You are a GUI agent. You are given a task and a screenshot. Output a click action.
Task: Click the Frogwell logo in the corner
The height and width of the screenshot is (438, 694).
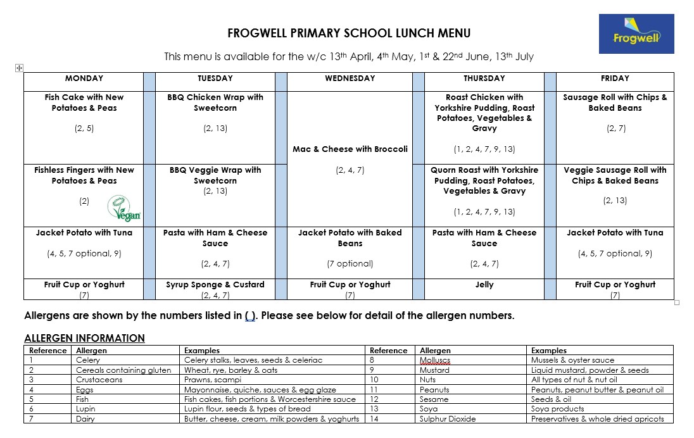point(636,34)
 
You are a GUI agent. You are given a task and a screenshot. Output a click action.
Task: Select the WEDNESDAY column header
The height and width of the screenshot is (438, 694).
point(350,78)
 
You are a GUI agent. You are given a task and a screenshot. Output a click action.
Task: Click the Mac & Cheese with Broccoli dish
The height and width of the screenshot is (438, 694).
point(350,149)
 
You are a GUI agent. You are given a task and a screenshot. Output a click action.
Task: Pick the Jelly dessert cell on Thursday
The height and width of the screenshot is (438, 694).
point(484,285)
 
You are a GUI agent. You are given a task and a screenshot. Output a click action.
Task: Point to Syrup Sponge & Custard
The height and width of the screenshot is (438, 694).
point(215,285)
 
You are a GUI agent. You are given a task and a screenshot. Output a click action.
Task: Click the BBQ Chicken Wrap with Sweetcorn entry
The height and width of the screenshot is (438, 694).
point(215,103)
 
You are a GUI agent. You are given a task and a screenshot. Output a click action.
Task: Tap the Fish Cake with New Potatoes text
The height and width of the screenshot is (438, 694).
point(84,103)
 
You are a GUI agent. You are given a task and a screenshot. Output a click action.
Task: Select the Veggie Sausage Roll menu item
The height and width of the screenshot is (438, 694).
point(615,175)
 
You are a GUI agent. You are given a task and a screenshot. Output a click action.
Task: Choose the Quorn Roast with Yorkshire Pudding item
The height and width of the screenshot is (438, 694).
point(484,180)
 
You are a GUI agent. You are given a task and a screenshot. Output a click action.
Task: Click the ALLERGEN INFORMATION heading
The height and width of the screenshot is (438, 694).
point(84,338)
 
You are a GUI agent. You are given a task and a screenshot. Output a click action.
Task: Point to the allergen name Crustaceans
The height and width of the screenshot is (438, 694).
point(98,380)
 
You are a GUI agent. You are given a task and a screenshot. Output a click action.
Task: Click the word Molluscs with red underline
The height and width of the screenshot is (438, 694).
point(435,360)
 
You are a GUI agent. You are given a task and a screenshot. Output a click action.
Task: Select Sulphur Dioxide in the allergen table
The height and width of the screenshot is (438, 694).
point(448,419)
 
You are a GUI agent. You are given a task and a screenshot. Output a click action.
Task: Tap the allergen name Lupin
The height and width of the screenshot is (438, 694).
point(85,410)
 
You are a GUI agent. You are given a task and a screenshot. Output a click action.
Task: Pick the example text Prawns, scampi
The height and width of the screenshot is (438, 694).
point(212,380)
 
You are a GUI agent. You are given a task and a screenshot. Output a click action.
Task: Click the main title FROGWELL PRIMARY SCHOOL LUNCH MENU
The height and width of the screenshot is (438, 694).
point(349,34)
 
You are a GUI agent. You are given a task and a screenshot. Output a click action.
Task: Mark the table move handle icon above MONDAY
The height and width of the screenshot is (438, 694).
point(19,68)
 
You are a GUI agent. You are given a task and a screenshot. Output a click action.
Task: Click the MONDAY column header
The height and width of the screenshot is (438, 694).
point(84,78)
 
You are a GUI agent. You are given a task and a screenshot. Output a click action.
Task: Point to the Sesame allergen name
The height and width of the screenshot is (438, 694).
point(434,399)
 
